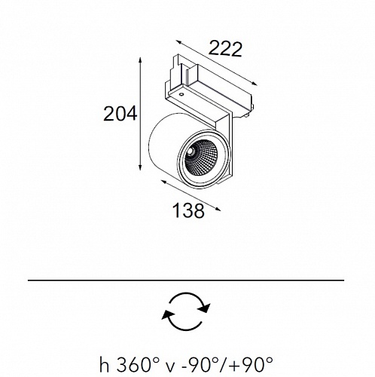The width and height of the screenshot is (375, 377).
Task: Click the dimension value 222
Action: point(225,49)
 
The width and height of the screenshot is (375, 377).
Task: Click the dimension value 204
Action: point(120,114)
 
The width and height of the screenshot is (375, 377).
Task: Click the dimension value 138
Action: point(188,210)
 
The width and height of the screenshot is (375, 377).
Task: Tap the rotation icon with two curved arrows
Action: point(186,311)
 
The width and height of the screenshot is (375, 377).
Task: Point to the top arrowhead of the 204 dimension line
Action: point(140,60)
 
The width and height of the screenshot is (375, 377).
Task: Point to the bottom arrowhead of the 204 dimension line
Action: point(140,167)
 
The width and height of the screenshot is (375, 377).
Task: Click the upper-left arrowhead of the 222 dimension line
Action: point(178,42)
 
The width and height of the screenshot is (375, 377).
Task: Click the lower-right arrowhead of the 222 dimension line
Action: point(255,84)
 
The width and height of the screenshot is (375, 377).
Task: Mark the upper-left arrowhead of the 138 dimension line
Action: point(163,182)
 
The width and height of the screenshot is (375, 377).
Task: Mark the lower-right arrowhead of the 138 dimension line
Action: point(218,209)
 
